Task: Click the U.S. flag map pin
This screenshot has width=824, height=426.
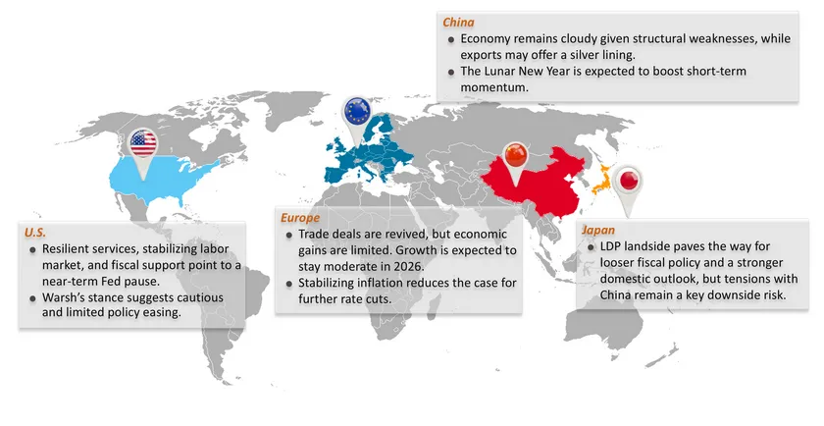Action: point(143,145)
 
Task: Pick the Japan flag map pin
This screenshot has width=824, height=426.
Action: point(630,181)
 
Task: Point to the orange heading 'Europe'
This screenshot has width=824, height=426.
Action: point(300,217)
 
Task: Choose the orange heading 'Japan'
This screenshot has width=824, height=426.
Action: point(597,230)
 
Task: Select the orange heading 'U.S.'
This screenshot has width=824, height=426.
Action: point(35,233)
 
